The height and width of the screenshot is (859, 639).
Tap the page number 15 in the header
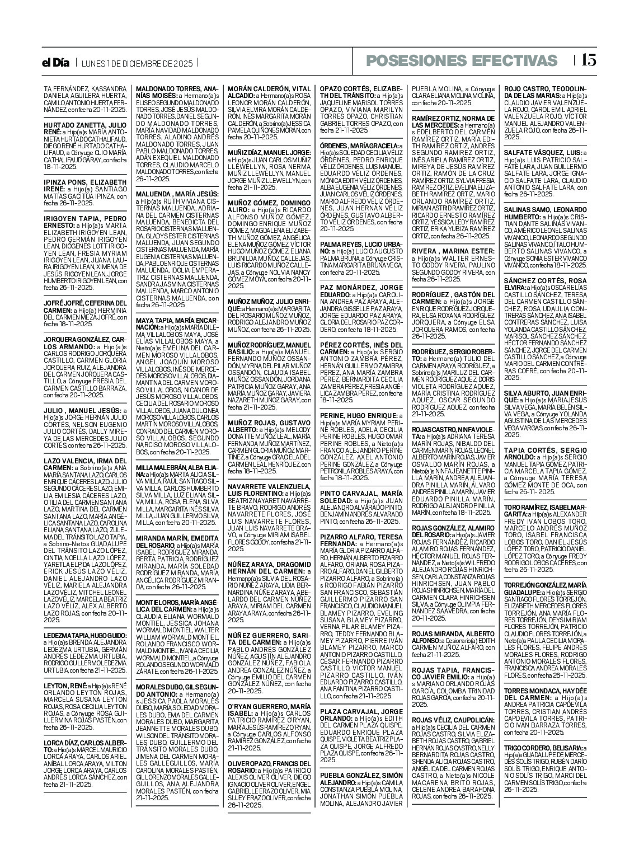[589, 60]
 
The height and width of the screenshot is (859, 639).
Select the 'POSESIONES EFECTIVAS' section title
[462, 61]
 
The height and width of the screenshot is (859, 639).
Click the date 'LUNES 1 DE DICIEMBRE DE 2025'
[137, 63]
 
